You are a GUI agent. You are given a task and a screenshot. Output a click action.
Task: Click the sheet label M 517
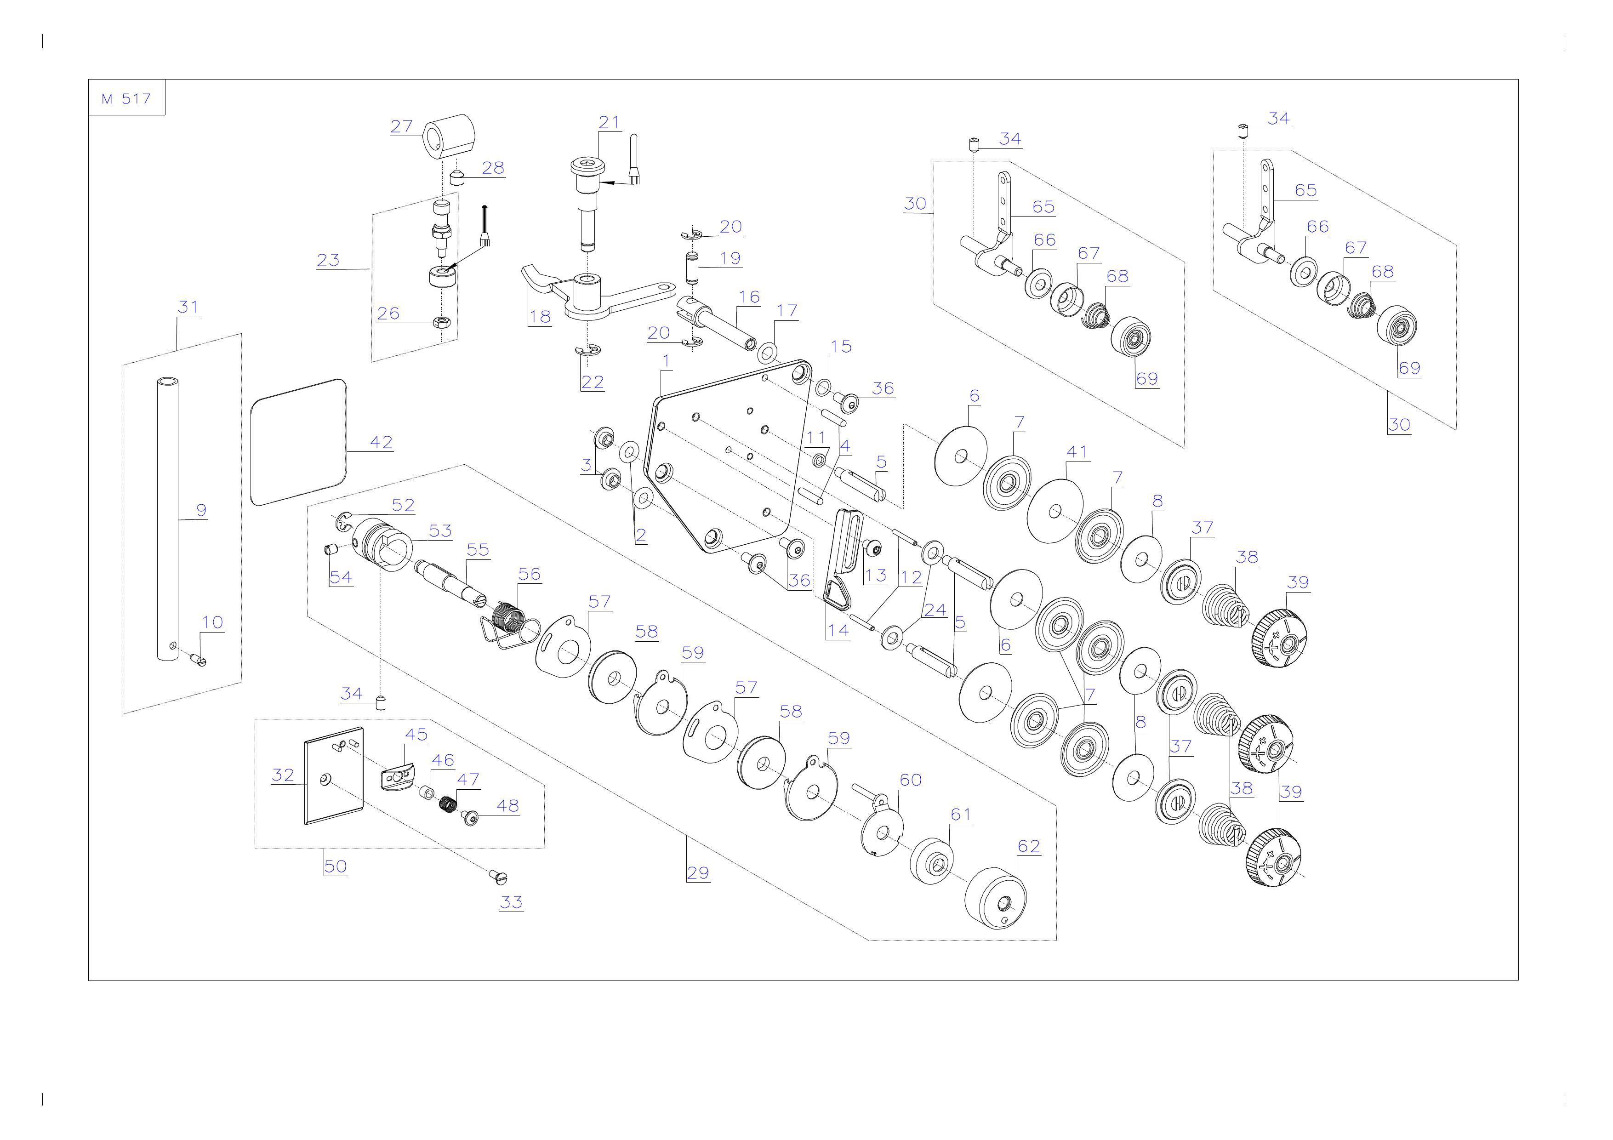(x=126, y=99)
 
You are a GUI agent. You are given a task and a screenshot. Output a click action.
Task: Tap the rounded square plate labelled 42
(x=299, y=442)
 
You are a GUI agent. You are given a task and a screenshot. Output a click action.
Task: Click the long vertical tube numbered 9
(x=167, y=519)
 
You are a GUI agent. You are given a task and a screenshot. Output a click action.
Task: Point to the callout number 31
(x=188, y=307)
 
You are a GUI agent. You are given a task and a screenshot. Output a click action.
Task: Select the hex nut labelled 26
(x=442, y=322)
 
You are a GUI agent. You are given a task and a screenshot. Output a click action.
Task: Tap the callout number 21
(x=609, y=122)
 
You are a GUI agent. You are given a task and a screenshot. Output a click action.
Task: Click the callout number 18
(x=540, y=317)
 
